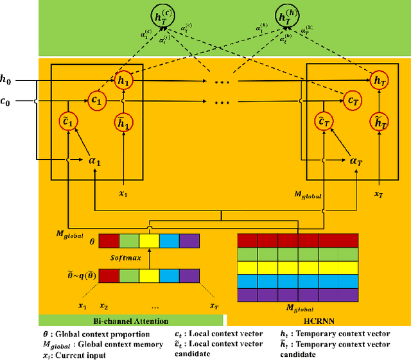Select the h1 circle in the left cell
tap(123, 81)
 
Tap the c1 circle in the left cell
tap(96, 101)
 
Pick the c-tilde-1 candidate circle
tap(69, 122)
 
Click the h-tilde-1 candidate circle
tap(123, 122)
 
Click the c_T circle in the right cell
tap(351, 100)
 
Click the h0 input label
tap(6, 81)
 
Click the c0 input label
tap(6, 101)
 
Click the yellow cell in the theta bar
tap(149, 241)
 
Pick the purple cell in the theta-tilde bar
tap(189, 276)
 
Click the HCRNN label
tap(318, 320)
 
